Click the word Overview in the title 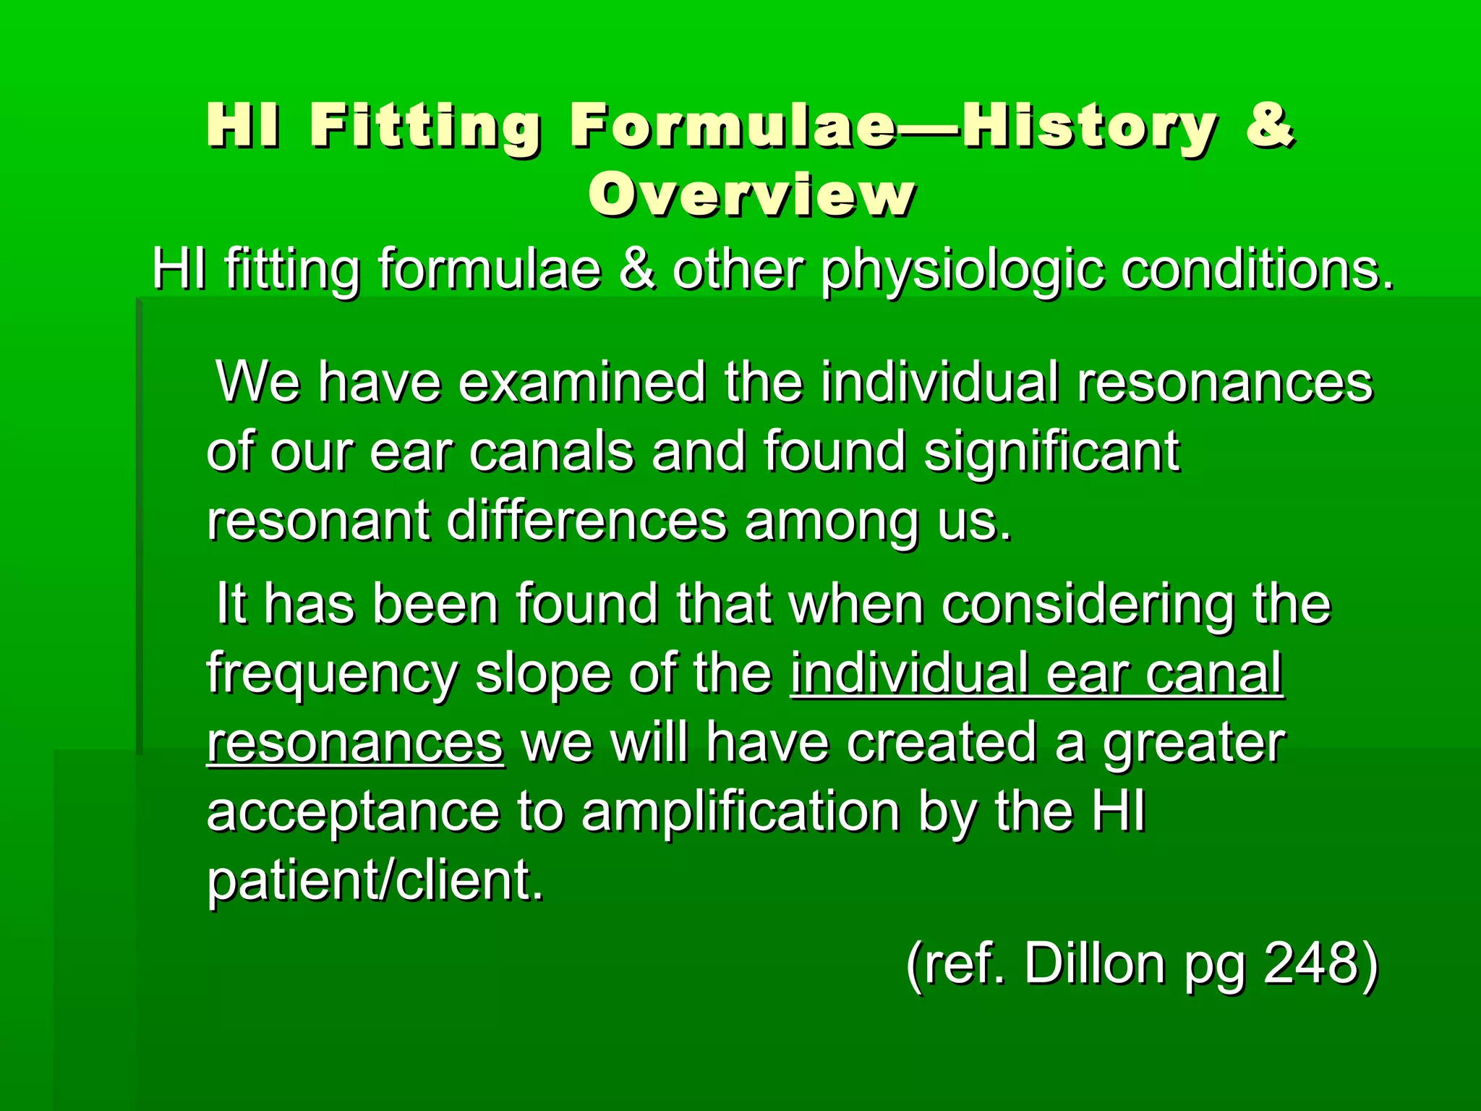pos(752,195)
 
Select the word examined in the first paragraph pos(582,382)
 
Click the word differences pos(586,521)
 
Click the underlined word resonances pos(355,743)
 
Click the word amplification pos(740,812)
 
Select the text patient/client pos(375,880)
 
